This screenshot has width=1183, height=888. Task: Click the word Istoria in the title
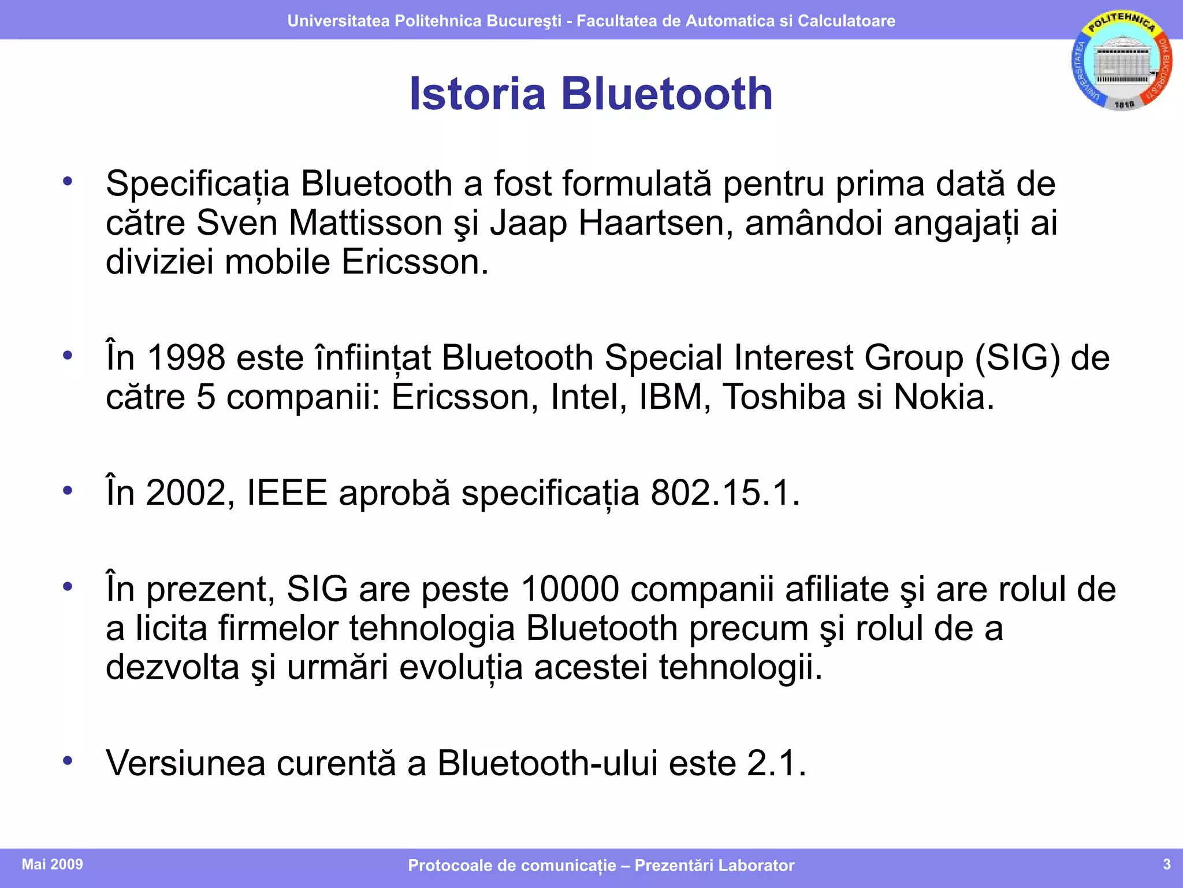(477, 94)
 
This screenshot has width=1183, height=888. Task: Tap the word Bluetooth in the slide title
(667, 94)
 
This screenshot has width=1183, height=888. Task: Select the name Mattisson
(365, 223)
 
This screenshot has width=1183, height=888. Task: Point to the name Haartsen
(651, 223)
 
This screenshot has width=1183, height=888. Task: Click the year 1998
(186, 357)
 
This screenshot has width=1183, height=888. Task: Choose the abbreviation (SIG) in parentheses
(1017, 357)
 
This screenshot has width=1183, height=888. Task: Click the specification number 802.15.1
(726, 493)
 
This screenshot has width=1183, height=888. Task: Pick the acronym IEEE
(287, 493)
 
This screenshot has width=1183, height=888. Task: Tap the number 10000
(570, 589)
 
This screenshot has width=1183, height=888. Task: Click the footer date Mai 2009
(53, 864)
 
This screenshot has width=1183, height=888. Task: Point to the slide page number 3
(1166, 864)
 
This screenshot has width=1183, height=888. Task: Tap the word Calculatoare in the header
(846, 21)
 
